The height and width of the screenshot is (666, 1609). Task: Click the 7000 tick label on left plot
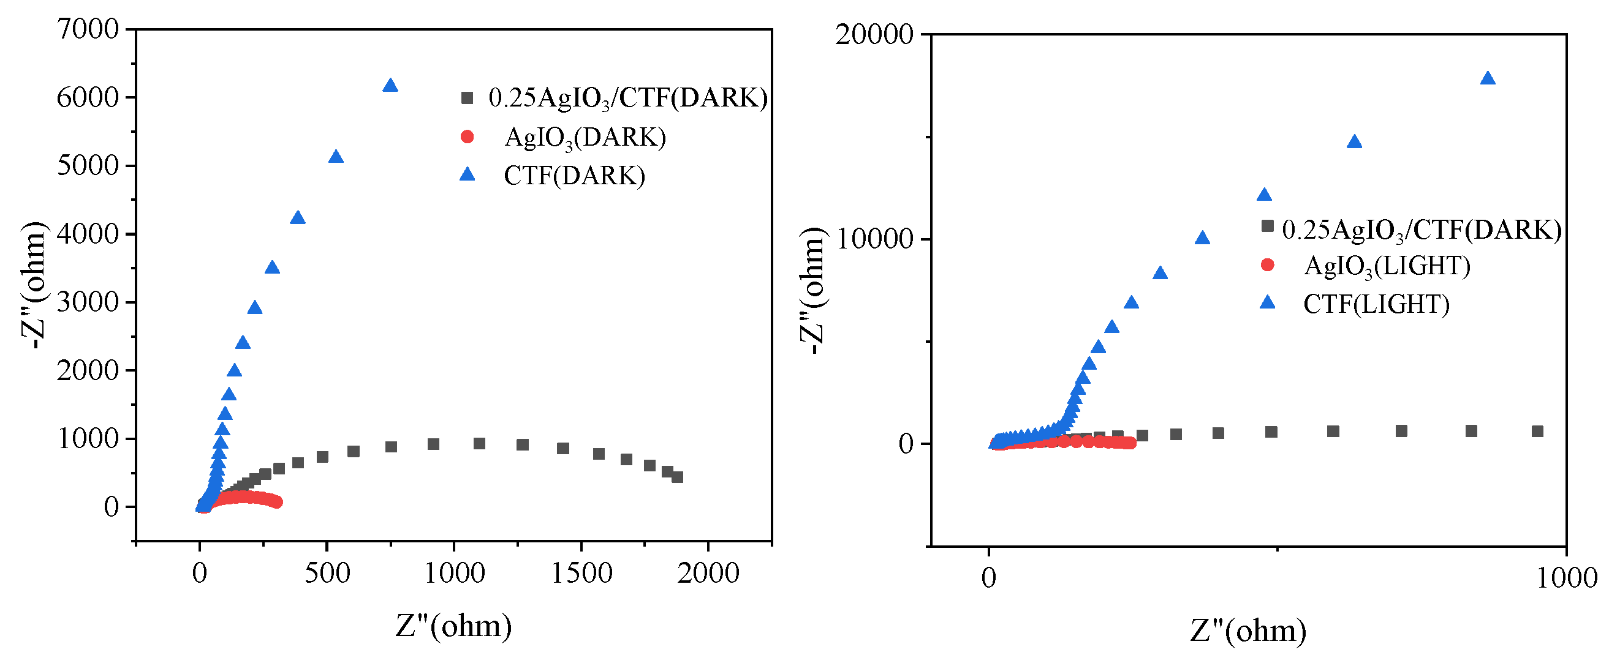[x=88, y=29]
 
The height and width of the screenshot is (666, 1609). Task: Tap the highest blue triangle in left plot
[x=390, y=86]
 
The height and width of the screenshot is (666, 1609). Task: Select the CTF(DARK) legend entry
[x=574, y=176]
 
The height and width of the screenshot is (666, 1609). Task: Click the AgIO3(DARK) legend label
[x=585, y=137]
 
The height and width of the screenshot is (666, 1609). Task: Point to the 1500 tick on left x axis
[x=581, y=573]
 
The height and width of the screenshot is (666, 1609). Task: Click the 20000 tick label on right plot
[x=874, y=34]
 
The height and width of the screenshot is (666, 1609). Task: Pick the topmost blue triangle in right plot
[x=1488, y=78]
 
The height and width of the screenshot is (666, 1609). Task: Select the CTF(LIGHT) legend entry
[x=1376, y=305]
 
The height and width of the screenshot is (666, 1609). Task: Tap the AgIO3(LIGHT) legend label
[x=1387, y=266]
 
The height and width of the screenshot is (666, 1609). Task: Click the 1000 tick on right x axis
[x=1566, y=578]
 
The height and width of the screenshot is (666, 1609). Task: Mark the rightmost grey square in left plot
[x=677, y=477]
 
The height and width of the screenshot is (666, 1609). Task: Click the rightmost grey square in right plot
[x=1538, y=432]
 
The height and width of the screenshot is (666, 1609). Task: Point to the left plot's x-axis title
[x=453, y=626]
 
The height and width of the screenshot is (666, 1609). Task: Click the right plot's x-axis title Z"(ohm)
[x=1248, y=630]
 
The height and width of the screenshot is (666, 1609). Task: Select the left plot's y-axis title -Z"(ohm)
[x=34, y=285]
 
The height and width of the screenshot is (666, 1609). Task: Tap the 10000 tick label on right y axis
[x=874, y=239]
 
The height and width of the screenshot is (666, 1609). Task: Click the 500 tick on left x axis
[x=327, y=573]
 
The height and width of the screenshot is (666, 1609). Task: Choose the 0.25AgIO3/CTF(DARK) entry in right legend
[x=1421, y=230]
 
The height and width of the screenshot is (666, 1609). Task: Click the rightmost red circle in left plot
[x=277, y=502]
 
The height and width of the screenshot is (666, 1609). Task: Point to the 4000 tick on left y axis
[x=88, y=234]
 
